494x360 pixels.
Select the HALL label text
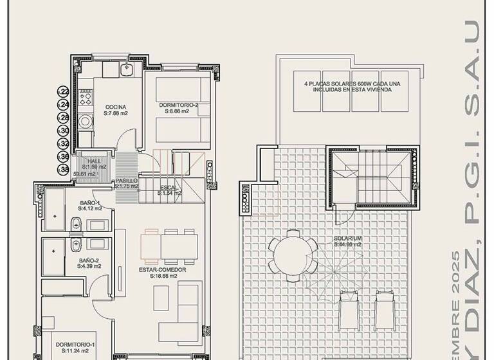95,161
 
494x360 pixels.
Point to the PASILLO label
126,181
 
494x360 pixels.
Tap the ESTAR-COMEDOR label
163,270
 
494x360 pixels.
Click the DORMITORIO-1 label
75,345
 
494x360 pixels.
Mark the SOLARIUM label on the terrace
347,239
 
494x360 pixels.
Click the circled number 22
64,91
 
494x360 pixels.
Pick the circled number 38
64,170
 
